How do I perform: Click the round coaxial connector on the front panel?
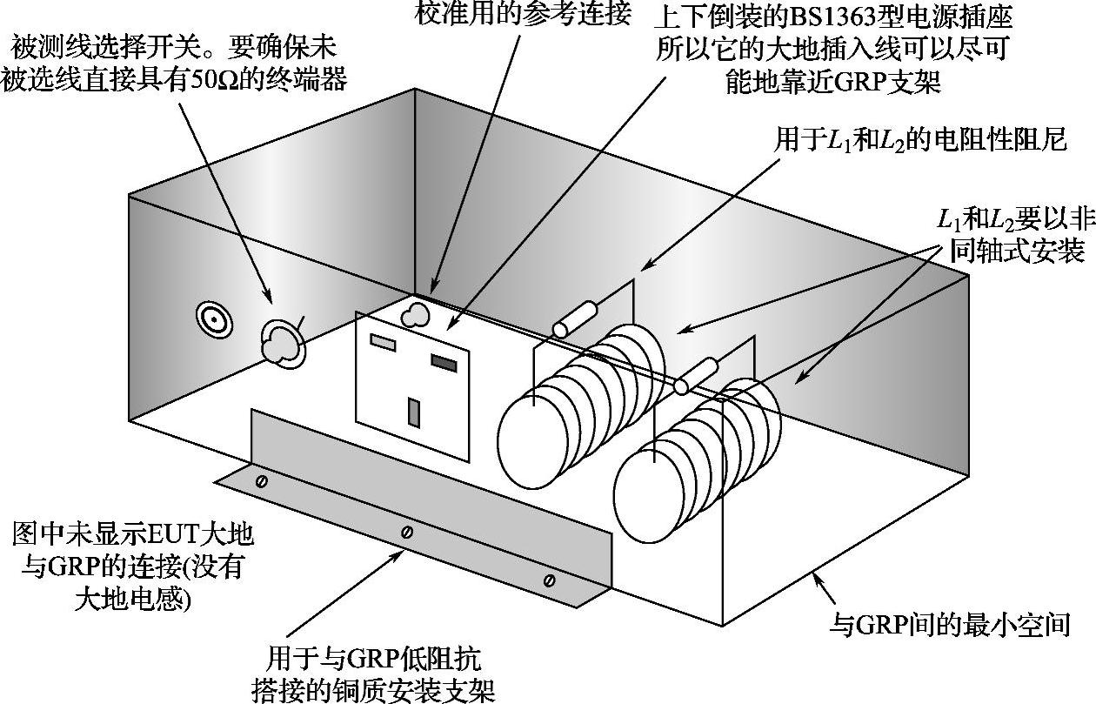pos(213,318)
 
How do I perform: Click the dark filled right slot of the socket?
pos(442,363)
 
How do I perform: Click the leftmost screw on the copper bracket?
pos(260,481)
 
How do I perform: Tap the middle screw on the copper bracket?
pos(406,532)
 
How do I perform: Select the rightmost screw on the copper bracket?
pos(548,580)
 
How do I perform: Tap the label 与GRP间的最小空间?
pos(947,623)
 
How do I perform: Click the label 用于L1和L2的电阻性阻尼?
pos(919,139)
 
